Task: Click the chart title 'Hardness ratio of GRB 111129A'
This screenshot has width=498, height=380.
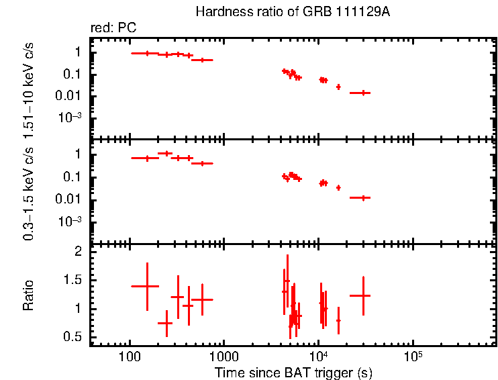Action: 291,12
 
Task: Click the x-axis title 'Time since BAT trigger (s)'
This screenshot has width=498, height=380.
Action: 293,372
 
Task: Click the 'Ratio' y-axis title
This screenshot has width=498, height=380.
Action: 29,295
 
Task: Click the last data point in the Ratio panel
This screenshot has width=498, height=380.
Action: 363,295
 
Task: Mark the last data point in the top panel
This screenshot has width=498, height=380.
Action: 363,93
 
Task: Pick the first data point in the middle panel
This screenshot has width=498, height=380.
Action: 147,158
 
